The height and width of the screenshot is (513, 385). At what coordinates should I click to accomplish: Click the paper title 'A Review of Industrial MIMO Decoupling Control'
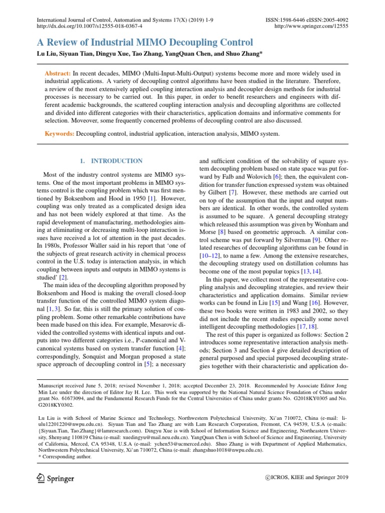click(x=145, y=43)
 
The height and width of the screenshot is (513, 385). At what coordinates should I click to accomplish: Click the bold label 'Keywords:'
click(x=60, y=134)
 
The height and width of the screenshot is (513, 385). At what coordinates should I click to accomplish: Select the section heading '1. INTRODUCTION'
click(x=112, y=161)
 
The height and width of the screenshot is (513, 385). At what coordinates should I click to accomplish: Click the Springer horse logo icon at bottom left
click(x=41, y=478)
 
